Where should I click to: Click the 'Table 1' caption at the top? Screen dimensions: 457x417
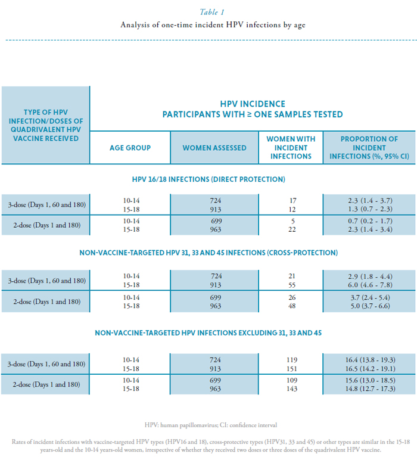[208, 10]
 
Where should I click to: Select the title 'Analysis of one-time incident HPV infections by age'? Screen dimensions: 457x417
[208, 25]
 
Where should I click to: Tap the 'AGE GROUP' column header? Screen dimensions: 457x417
[130, 148]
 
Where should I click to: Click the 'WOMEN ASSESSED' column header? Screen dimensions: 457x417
[214, 148]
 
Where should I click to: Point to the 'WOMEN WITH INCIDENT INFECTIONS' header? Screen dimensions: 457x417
[291, 147]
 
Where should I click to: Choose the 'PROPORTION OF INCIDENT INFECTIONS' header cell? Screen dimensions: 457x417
[369, 147]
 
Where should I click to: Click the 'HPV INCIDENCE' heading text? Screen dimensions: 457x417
[253, 104]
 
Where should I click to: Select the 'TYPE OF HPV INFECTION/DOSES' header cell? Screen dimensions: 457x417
[46, 125]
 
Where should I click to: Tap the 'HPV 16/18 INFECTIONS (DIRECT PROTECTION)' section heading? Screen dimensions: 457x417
[208, 179]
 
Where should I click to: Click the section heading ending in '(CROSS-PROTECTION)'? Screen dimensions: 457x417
[208, 253]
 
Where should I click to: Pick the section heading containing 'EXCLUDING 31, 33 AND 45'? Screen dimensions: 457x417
[208, 332]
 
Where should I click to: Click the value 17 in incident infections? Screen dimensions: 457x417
[291, 201]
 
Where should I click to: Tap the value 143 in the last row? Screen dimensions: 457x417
[291, 389]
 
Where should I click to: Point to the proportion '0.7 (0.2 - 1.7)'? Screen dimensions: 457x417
[369, 220]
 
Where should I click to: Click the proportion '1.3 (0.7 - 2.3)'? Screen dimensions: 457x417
[369, 210]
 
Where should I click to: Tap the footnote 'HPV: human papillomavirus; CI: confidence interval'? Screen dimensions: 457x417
[208, 425]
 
